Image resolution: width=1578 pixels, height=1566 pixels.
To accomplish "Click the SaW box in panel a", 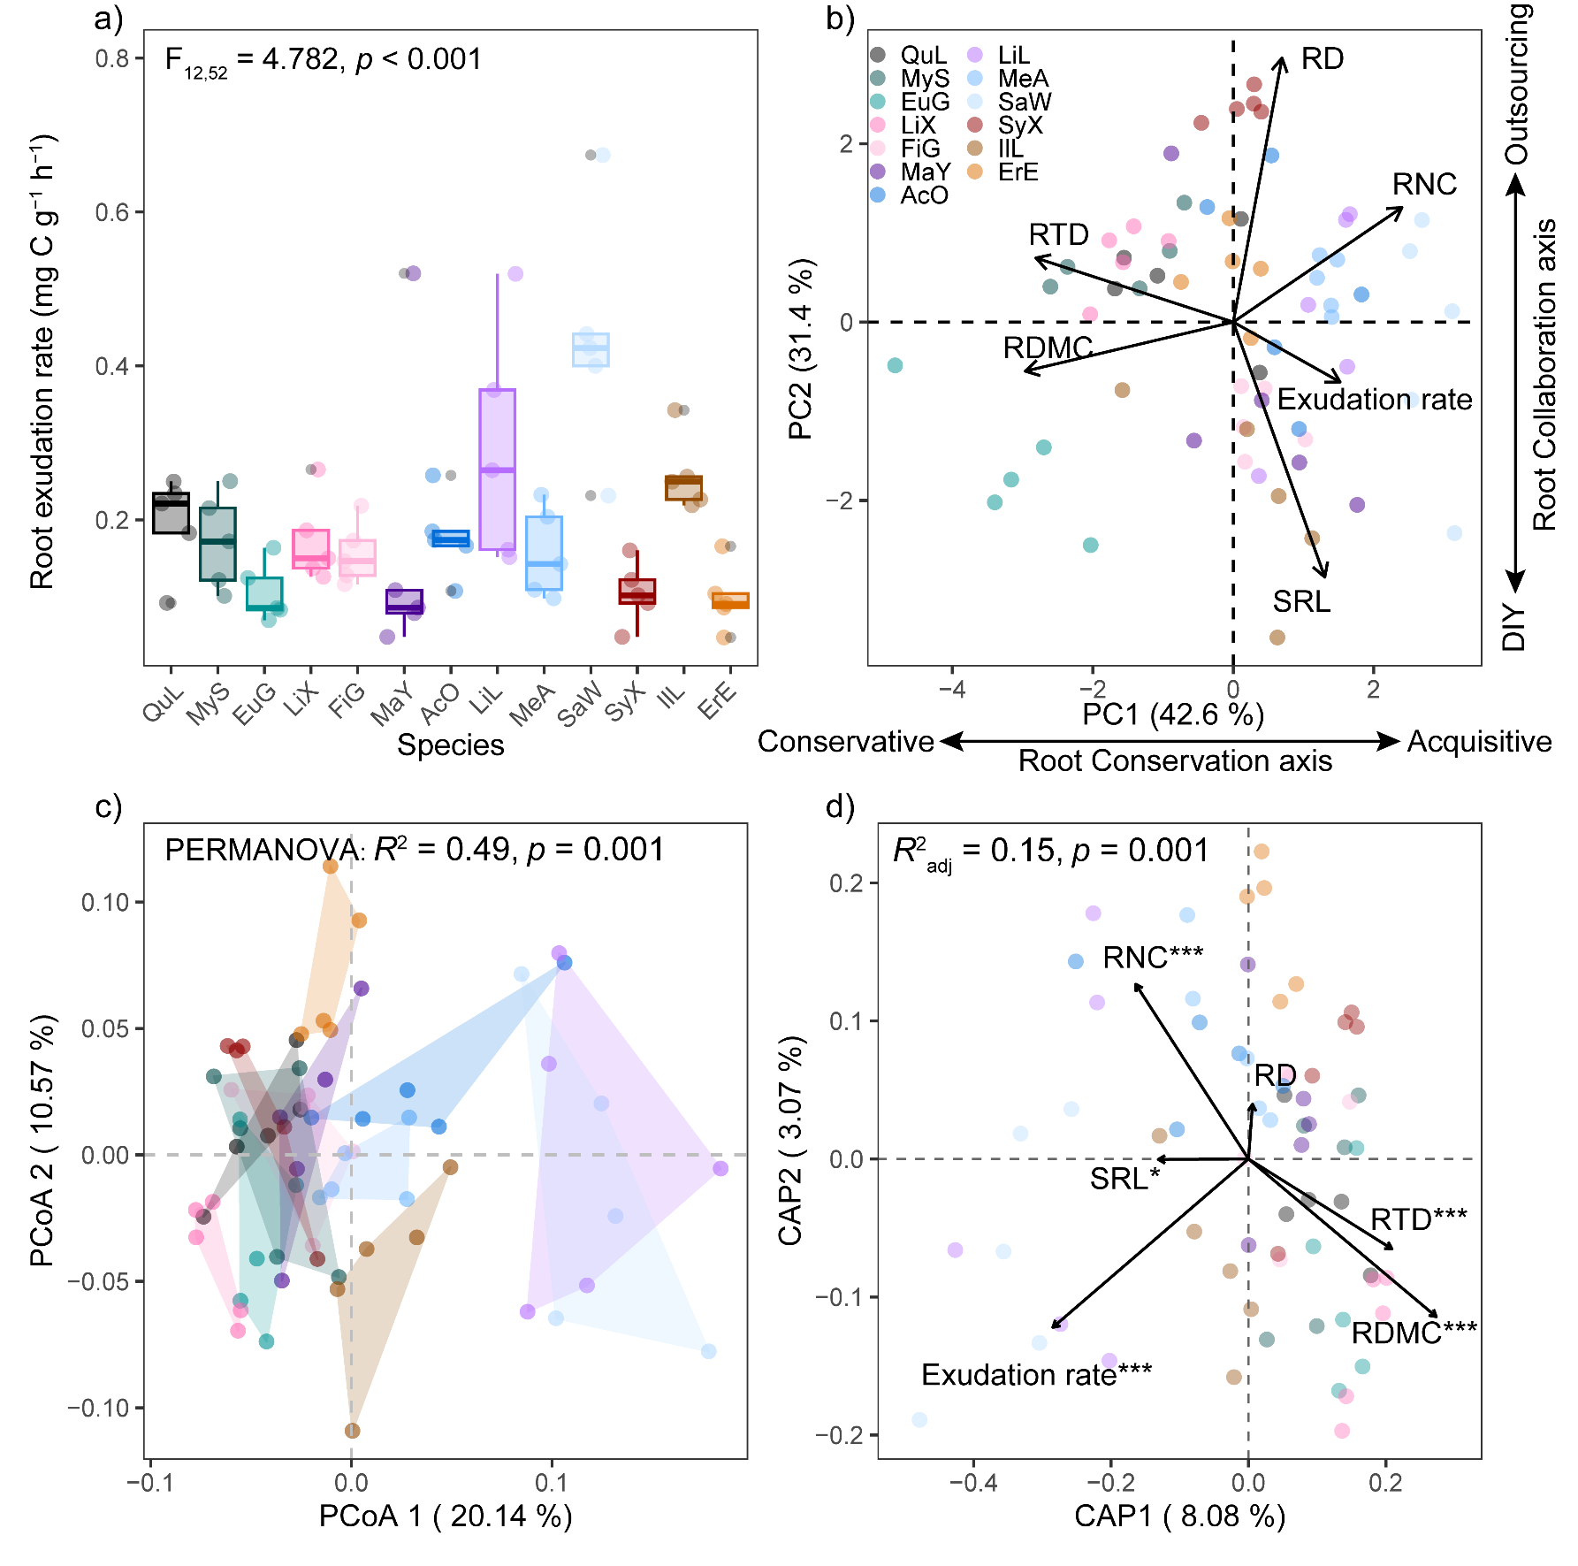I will tap(591, 350).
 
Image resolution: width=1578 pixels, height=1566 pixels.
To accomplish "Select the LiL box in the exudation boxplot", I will tap(497, 469).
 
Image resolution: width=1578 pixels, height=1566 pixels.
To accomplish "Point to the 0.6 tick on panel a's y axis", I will tap(113, 212).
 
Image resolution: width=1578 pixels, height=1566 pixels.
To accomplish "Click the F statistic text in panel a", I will tap(323, 60).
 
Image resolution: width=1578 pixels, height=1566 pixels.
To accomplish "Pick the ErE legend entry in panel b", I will tap(1018, 172).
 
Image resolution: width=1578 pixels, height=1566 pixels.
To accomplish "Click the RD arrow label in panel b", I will tap(1323, 59).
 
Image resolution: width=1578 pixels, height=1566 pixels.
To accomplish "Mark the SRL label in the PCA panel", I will tap(1301, 601).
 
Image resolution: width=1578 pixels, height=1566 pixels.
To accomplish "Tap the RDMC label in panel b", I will tap(1048, 348).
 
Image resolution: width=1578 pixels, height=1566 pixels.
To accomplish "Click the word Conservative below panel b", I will tap(845, 741).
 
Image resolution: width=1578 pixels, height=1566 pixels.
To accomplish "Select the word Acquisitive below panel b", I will tap(1479, 741).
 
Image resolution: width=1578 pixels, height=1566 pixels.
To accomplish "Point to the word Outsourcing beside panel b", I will tap(1517, 84).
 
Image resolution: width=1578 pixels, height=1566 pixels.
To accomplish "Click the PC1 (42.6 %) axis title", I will tap(1173, 714).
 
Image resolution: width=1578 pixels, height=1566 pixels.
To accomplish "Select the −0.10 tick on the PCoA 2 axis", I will tap(98, 1408).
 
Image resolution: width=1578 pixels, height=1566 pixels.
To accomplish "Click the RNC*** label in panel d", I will tap(1153, 958).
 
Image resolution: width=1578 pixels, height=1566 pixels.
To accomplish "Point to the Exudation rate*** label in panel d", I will tap(1036, 1375).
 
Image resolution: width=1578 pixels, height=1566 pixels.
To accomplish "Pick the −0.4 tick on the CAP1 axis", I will tap(973, 1482).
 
